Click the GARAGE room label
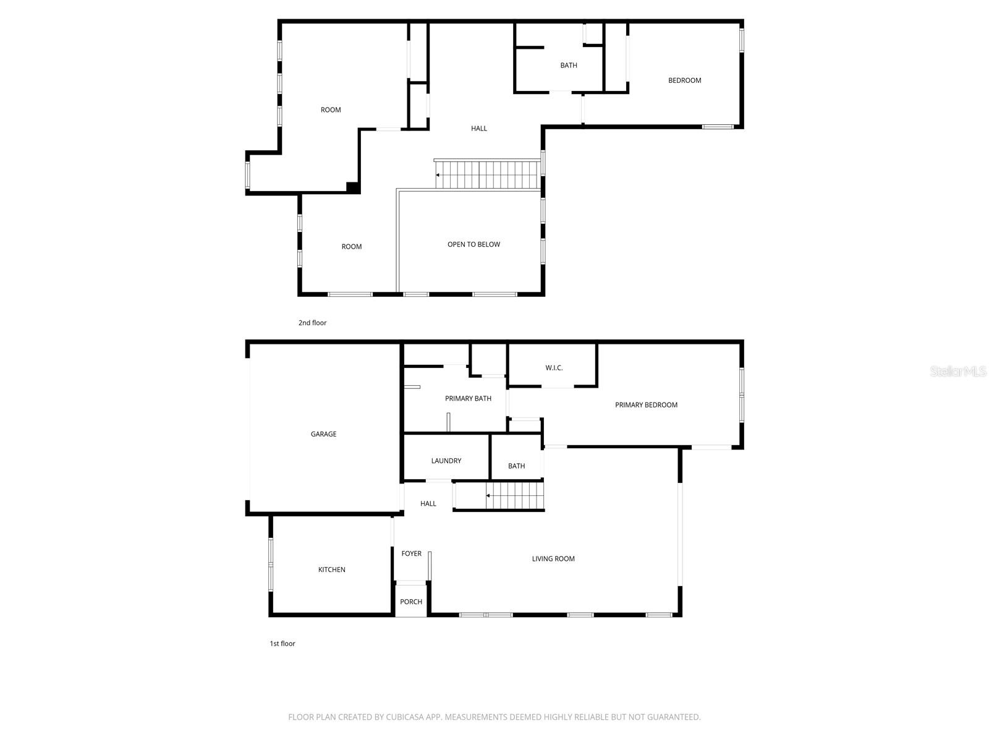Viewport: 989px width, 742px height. pyautogui.click(x=323, y=434)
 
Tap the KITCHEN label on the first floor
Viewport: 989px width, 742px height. pyautogui.click(x=331, y=569)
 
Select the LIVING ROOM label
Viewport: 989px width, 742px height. pyautogui.click(x=553, y=559)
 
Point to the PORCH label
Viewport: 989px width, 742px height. pyautogui.click(x=411, y=602)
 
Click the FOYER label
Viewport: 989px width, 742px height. pyautogui.click(x=411, y=553)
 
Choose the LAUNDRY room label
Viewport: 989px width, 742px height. pyautogui.click(x=446, y=461)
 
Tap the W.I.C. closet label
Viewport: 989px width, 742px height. pyautogui.click(x=554, y=368)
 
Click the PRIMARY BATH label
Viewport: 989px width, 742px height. pyautogui.click(x=468, y=398)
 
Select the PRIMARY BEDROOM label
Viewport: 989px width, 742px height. pyautogui.click(x=646, y=405)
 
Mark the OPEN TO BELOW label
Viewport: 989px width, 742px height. pyautogui.click(x=473, y=244)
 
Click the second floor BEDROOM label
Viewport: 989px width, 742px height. pyautogui.click(x=684, y=80)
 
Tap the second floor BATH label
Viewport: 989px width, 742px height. pyautogui.click(x=569, y=66)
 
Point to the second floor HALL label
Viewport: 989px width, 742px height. pyautogui.click(x=479, y=129)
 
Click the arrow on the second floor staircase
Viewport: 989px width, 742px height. pyautogui.click(x=438, y=175)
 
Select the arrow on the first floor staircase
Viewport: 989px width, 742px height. pyautogui.click(x=488, y=495)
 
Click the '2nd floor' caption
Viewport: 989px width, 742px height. pyautogui.click(x=312, y=323)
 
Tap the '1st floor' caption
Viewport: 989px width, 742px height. pyautogui.click(x=282, y=644)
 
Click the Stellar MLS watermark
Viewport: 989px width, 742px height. pyautogui.click(x=958, y=371)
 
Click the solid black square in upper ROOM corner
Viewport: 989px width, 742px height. pyautogui.click(x=352, y=187)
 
